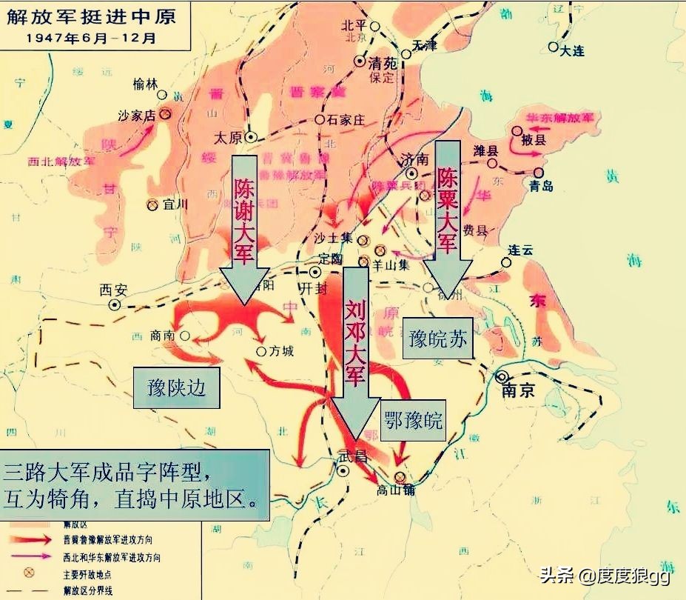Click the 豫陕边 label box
click(176, 387)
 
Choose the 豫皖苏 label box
click(438, 339)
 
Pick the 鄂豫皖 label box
click(413, 421)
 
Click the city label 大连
click(572, 51)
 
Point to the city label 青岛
click(541, 186)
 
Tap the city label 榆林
click(147, 84)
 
